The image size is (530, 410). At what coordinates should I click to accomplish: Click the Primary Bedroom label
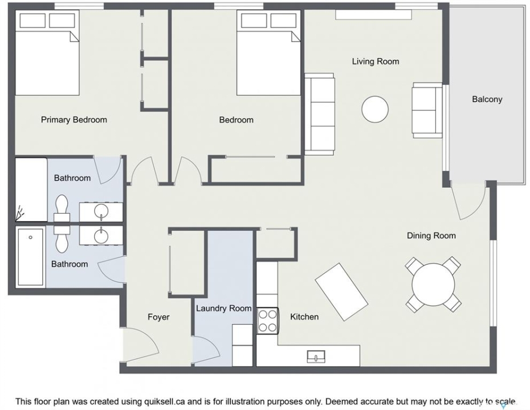point(74,120)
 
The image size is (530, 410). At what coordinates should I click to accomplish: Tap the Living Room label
point(376,61)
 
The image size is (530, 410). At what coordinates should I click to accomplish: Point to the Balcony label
point(487,99)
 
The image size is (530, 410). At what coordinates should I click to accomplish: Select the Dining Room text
point(431,235)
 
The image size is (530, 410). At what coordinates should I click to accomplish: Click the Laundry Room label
point(224,308)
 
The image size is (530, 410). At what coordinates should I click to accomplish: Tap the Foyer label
point(158,317)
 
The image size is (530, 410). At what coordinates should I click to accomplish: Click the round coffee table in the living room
point(375,109)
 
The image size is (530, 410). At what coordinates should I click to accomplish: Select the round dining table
point(433,284)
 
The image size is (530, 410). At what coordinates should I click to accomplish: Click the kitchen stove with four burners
point(267,321)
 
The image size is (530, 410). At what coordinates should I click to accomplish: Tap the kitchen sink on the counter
point(316,356)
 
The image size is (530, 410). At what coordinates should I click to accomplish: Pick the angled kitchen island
point(341,292)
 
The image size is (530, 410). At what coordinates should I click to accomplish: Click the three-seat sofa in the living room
point(319,114)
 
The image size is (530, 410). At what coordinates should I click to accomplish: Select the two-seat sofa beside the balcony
point(427,110)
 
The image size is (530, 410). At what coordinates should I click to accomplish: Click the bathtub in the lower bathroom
point(31,257)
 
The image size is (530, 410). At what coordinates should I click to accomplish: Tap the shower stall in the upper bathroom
point(31,190)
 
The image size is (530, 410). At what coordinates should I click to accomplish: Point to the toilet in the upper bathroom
point(62,209)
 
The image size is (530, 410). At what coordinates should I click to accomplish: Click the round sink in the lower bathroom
point(101,235)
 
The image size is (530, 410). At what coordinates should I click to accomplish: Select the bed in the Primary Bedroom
point(47,52)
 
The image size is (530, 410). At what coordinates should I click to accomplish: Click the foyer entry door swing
point(140,343)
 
